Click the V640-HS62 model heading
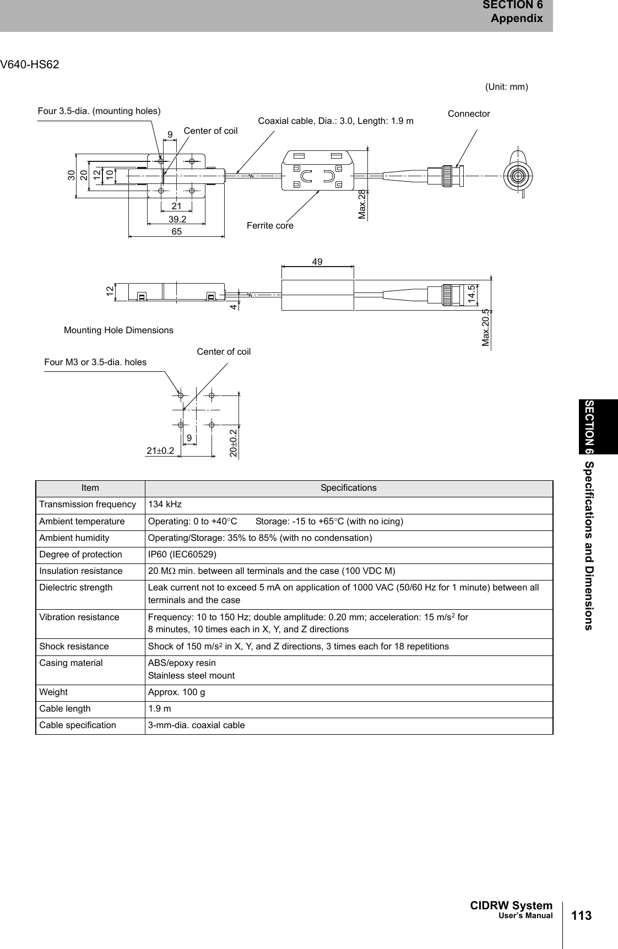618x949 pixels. coord(30,65)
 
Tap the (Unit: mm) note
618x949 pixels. coord(506,86)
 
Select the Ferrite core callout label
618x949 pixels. coord(270,226)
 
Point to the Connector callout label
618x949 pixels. coord(469,114)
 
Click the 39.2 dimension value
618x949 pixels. coord(177,219)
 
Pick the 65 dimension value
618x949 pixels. coord(176,232)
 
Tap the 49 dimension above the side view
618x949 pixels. coord(317,261)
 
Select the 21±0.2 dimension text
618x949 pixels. coord(160,451)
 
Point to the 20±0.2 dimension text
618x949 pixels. coord(234,443)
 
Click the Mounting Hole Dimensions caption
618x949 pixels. coord(118,330)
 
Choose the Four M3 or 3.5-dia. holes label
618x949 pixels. coord(95,362)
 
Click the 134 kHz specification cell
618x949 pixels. coord(165,505)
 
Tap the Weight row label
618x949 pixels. coord(53,692)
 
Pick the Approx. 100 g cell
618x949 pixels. coord(176,692)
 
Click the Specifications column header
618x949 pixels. coord(349,488)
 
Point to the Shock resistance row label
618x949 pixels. coord(74,647)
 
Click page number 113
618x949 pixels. coord(581,916)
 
